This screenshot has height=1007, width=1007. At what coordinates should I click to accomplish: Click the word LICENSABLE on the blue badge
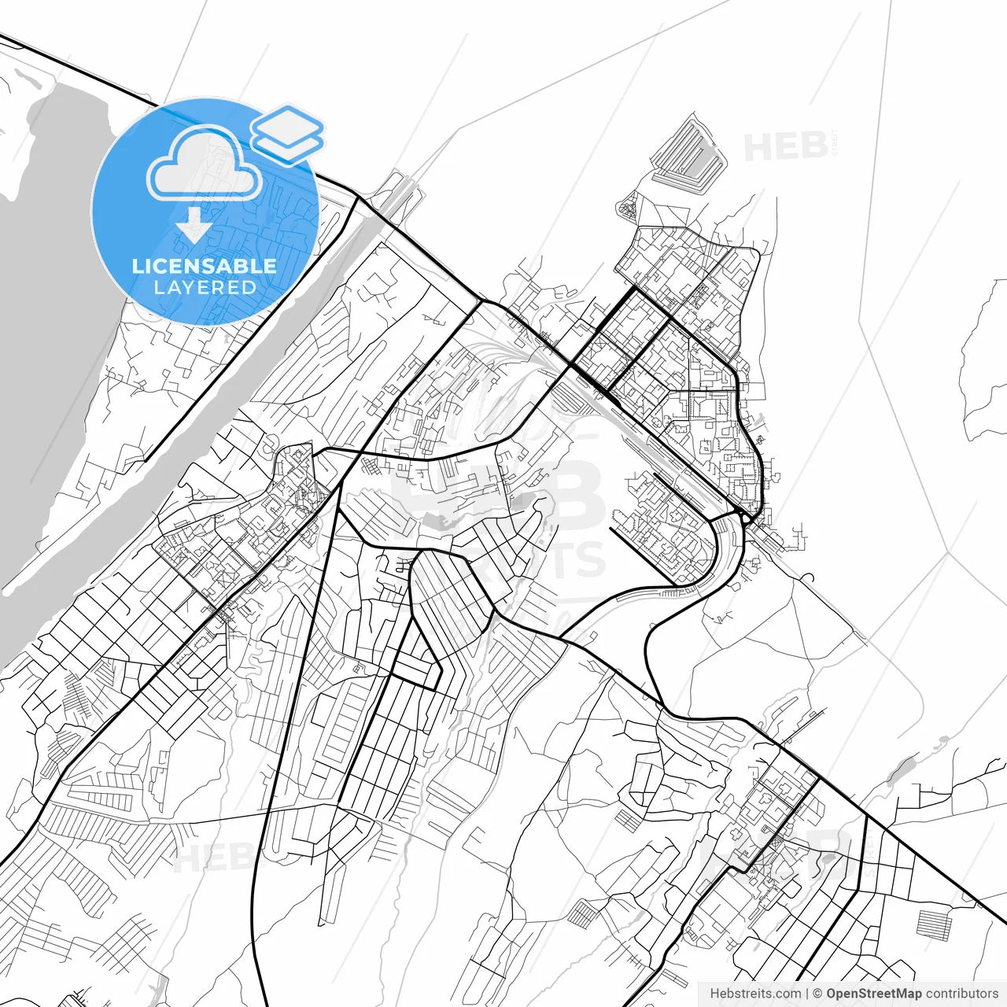[205, 266]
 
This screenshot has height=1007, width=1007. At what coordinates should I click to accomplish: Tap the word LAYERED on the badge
[205, 287]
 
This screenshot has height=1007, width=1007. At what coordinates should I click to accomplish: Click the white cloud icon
[205, 163]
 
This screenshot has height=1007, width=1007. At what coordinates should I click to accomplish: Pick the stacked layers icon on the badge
[288, 134]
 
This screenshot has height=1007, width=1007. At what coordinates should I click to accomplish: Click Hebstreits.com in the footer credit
[755, 994]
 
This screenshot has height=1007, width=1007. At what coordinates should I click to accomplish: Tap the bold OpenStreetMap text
[873, 994]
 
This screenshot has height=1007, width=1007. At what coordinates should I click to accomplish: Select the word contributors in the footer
[961, 994]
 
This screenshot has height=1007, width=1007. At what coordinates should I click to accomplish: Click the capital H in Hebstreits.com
[714, 994]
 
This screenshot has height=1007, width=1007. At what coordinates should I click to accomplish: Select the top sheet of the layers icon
[288, 123]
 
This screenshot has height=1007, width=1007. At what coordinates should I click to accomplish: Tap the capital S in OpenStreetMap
[868, 994]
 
